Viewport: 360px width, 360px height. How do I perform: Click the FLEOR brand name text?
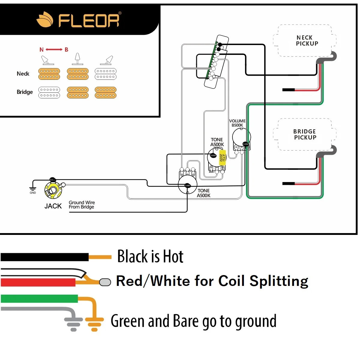(89, 20)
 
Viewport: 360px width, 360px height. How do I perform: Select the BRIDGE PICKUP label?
(305, 134)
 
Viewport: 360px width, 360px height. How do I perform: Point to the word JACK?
(53, 206)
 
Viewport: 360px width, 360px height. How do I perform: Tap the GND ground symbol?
(33, 190)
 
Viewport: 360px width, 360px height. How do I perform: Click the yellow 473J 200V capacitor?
(222, 157)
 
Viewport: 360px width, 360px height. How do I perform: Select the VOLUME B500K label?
(237, 123)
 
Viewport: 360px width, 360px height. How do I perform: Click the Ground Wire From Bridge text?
(82, 205)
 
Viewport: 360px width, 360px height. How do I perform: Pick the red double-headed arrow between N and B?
(54, 49)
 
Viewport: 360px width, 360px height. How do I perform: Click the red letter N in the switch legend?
(42, 49)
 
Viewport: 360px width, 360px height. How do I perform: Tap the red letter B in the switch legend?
(66, 49)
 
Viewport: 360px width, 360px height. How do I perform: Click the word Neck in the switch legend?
(23, 74)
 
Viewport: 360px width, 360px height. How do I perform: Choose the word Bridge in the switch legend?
(25, 92)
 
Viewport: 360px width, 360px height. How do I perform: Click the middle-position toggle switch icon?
(77, 59)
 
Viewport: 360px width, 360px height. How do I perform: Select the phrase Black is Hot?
(150, 256)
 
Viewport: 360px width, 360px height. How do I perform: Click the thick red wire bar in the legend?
(38, 282)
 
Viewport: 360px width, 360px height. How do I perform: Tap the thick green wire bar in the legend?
(39, 298)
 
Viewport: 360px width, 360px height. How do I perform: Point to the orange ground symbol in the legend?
(94, 323)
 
